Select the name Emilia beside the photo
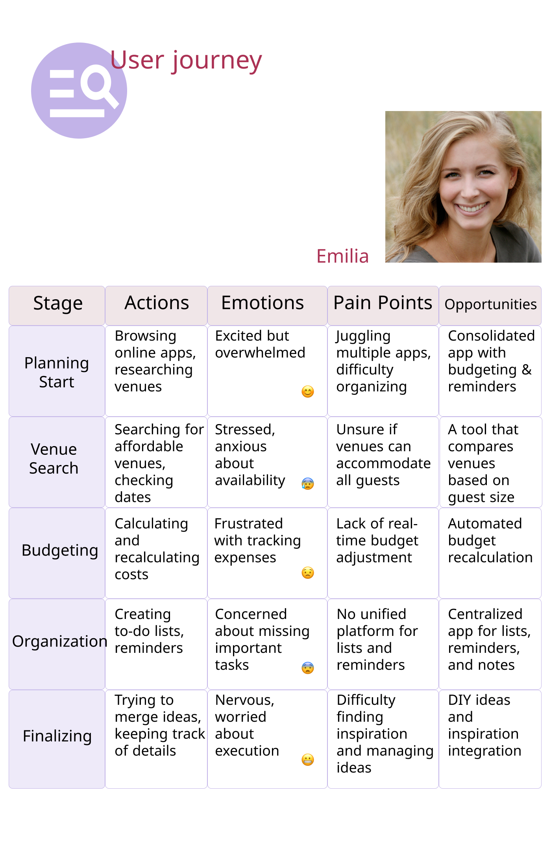click(x=342, y=256)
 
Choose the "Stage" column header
click(x=57, y=304)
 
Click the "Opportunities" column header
click(x=490, y=304)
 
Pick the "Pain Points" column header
click(x=383, y=303)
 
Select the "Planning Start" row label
click(x=57, y=372)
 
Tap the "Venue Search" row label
click(x=54, y=459)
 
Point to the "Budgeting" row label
click(x=60, y=550)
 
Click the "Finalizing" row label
click(x=57, y=736)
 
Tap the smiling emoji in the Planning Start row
click(x=308, y=392)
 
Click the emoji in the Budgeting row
click(x=308, y=573)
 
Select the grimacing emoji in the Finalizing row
click(x=308, y=760)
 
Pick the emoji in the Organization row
click(x=308, y=668)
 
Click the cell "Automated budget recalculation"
click(x=490, y=541)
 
